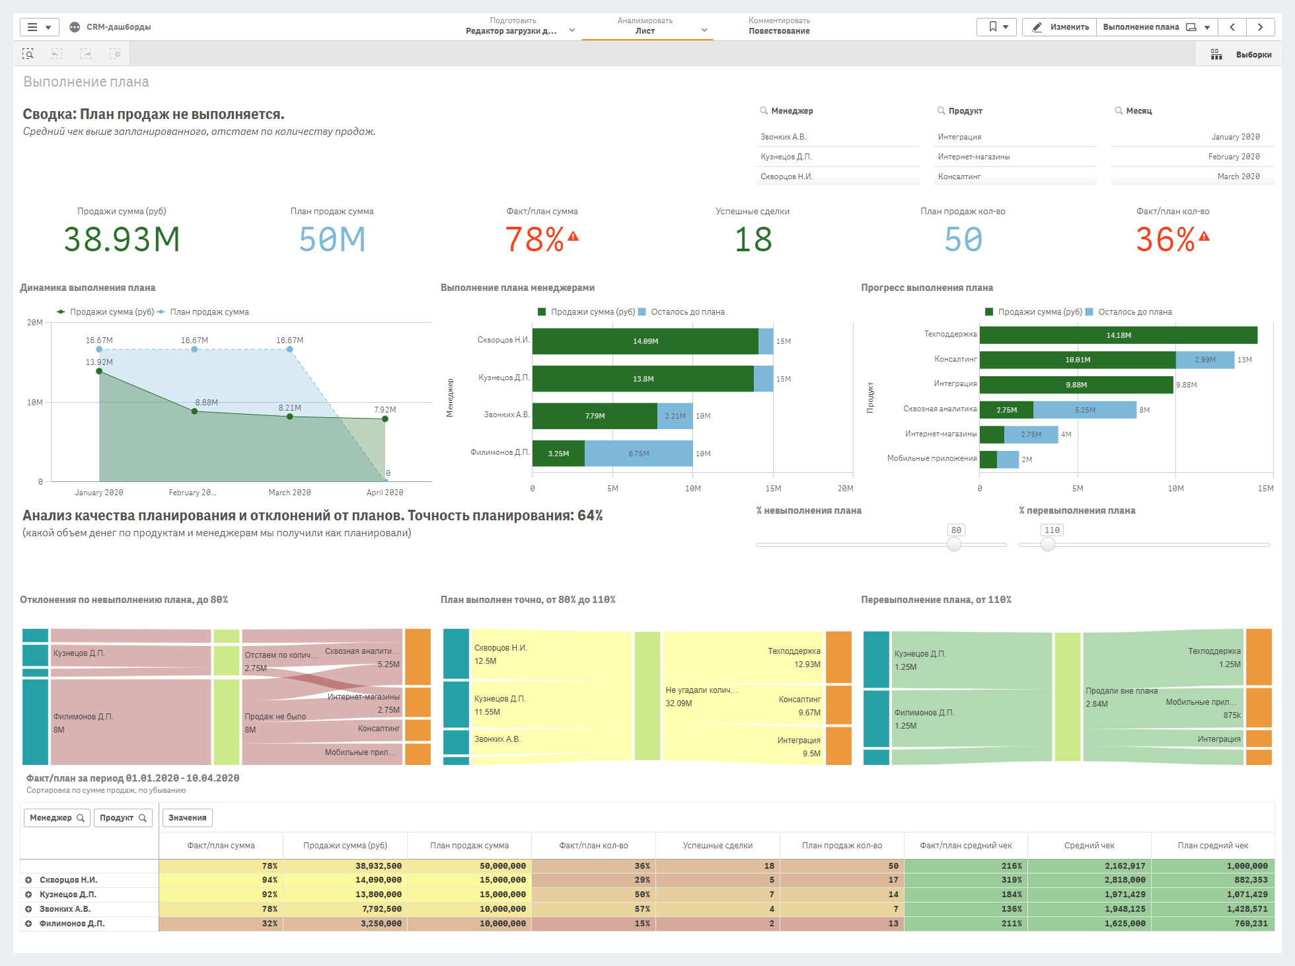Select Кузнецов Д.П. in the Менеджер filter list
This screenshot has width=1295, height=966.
(x=786, y=157)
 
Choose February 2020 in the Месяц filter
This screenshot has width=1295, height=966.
(x=1234, y=157)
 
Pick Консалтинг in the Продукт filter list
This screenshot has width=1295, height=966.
(x=959, y=177)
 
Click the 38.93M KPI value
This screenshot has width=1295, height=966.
(x=122, y=239)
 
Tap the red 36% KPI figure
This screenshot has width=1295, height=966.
(x=1165, y=239)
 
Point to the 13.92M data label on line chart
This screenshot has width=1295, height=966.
(x=99, y=362)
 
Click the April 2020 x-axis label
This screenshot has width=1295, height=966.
(x=385, y=493)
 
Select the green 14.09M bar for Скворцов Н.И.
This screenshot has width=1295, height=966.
(x=645, y=341)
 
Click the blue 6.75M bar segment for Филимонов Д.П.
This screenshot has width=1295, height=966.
(x=638, y=454)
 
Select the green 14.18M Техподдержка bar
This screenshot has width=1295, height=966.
(x=1118, y=335)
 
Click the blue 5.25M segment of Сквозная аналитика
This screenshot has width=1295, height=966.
(x=1084, y=410)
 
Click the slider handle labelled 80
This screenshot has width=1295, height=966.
(x=954, y=544)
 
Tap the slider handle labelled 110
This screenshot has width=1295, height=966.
(x=1048, y=544)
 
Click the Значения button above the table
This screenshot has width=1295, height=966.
(x=187, y=818)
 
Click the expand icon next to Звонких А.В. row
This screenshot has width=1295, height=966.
(x=28, y=909)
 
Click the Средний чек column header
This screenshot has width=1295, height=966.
(x=1089, y=846)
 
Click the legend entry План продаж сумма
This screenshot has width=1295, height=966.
(x=209, y=312)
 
